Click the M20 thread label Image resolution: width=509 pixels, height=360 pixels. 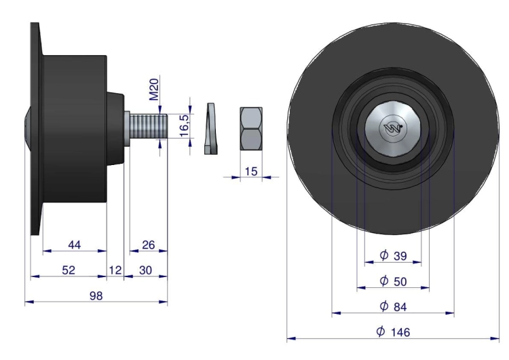tap(154, 90)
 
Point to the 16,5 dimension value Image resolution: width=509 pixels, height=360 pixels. tap(184, 126)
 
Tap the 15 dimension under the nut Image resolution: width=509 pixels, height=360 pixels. tap(251, 171)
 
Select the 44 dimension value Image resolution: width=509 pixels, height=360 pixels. tap(75, 245)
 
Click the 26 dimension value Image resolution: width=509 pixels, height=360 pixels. tap(149, 245)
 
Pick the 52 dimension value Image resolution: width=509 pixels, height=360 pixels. tap(69, 270)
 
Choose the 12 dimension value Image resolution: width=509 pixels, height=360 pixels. tap(115, 270)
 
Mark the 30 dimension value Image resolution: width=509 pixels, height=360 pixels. tap(145, 270)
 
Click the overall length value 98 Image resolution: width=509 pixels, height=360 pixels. tap(96, 295)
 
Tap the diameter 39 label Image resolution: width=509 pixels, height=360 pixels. tap(393, 255)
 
